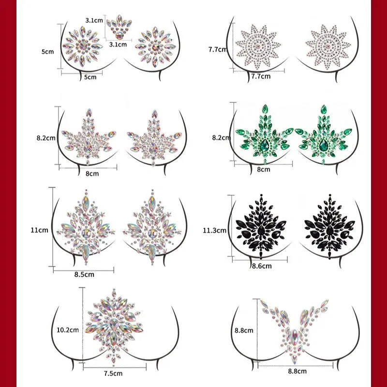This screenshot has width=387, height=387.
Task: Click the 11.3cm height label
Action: [214, 231]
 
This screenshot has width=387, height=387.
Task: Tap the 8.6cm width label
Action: [262, 266]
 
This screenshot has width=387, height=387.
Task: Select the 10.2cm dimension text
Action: [68, 330]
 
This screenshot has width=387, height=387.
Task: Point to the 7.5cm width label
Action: [113, 373]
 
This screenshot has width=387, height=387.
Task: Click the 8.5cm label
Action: [84, 275]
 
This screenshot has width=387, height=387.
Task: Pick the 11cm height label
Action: [40, 230]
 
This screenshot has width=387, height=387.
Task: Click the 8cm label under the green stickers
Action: [264, 170]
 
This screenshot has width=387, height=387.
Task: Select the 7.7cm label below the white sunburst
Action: [261, 77]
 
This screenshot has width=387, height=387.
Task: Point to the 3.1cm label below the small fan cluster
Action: [118, 45]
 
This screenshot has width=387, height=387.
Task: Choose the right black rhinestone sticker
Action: [330, 226]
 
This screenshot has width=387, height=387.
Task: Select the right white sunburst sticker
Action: [328, 46]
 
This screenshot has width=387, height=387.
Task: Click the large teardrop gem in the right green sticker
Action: [323, 145]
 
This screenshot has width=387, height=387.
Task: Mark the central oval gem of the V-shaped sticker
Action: [294, 337]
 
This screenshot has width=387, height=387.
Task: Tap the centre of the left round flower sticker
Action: [82, 46]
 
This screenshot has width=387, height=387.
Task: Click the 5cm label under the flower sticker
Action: [90, 77]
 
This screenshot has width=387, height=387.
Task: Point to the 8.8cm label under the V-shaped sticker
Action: [298, 371]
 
